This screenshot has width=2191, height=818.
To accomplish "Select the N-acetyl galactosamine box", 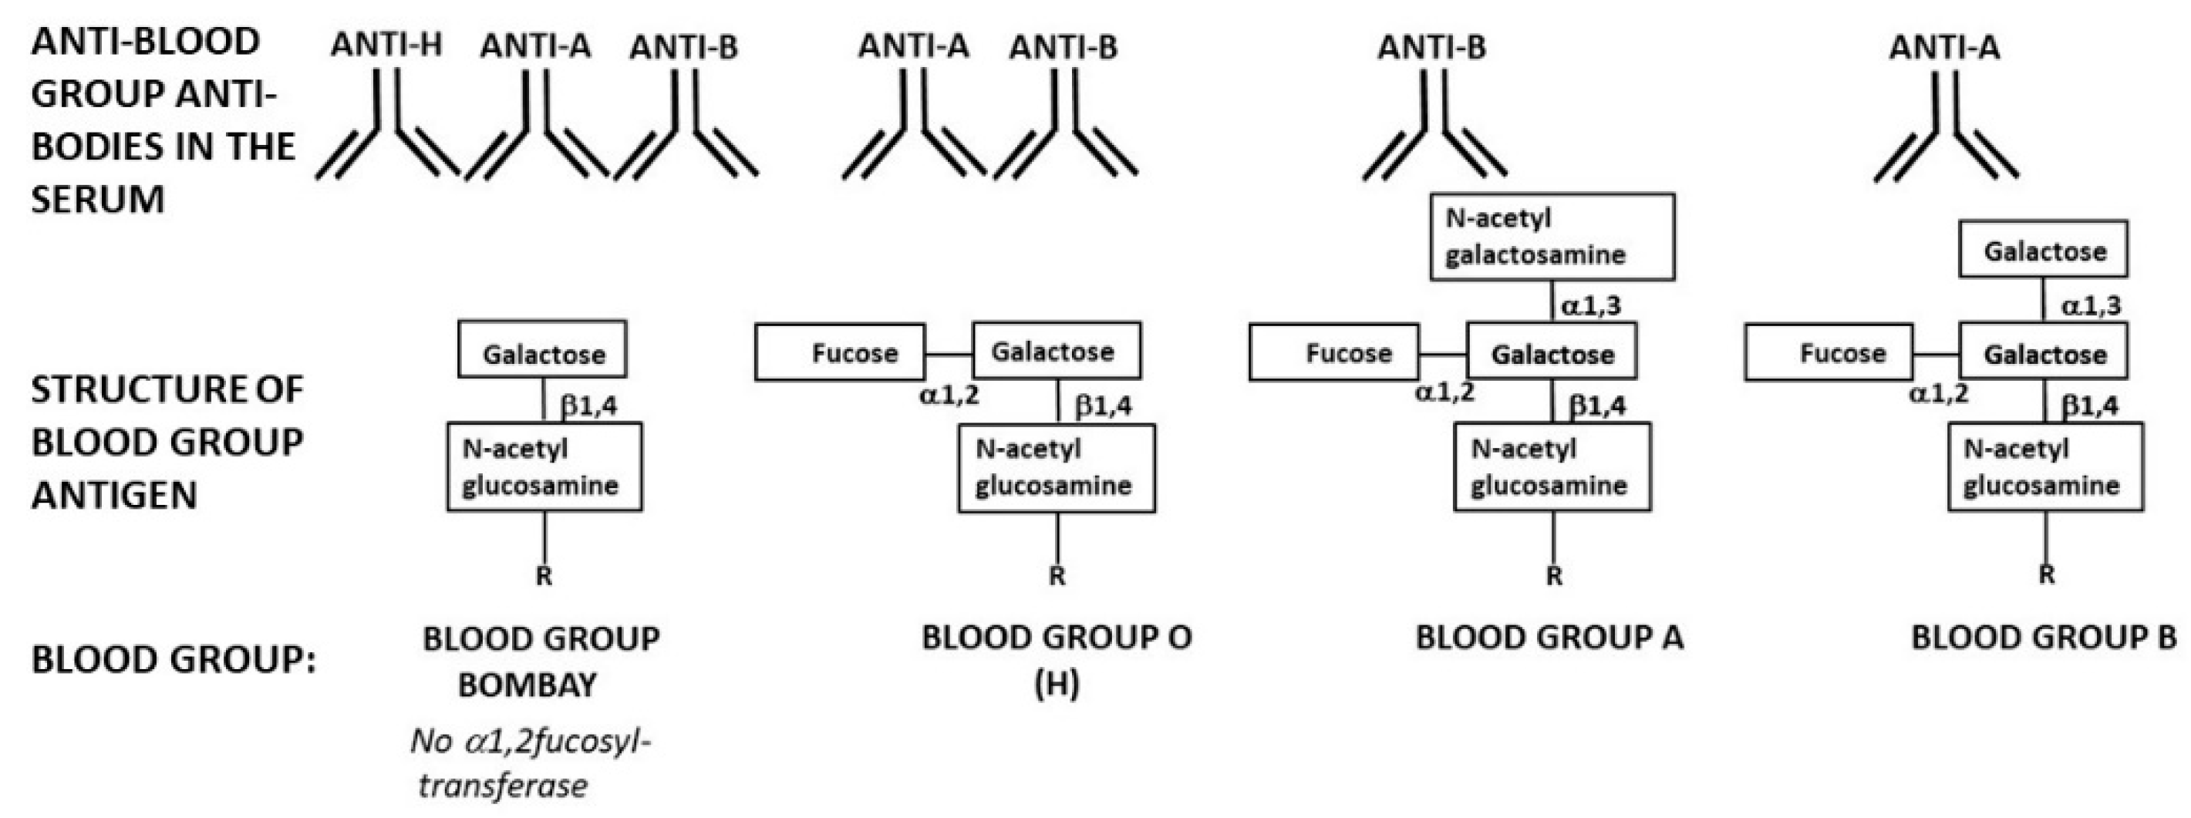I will point(1552,237).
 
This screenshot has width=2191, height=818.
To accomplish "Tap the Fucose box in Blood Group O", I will point(840,352).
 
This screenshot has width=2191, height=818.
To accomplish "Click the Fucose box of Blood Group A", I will point(1333,352).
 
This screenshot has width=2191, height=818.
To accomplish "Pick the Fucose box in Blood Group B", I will point(1828,352).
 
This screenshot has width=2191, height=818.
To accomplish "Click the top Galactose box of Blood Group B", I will point(2043,249).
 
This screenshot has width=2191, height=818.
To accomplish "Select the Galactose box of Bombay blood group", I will point(543,349).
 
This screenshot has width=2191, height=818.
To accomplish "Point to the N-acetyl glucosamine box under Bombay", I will point(544,466).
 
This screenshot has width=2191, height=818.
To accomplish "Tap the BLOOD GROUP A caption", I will point(1549,638).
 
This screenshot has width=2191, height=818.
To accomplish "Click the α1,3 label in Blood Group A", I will point(1589,305).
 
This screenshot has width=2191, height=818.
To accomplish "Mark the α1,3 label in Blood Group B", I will point(2091,305).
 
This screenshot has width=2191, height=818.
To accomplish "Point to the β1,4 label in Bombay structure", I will point(588,406).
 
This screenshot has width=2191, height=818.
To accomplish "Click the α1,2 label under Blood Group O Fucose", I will point(949,394).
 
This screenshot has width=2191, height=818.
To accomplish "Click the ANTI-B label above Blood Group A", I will point(1432,47).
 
